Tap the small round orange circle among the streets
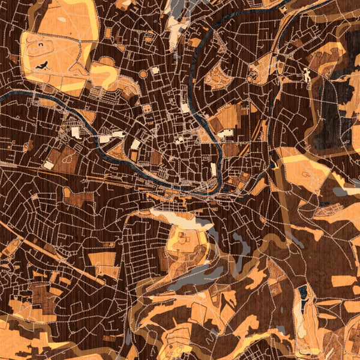(143, 74)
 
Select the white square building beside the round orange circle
(155, 70)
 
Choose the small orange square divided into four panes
(148, 109)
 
